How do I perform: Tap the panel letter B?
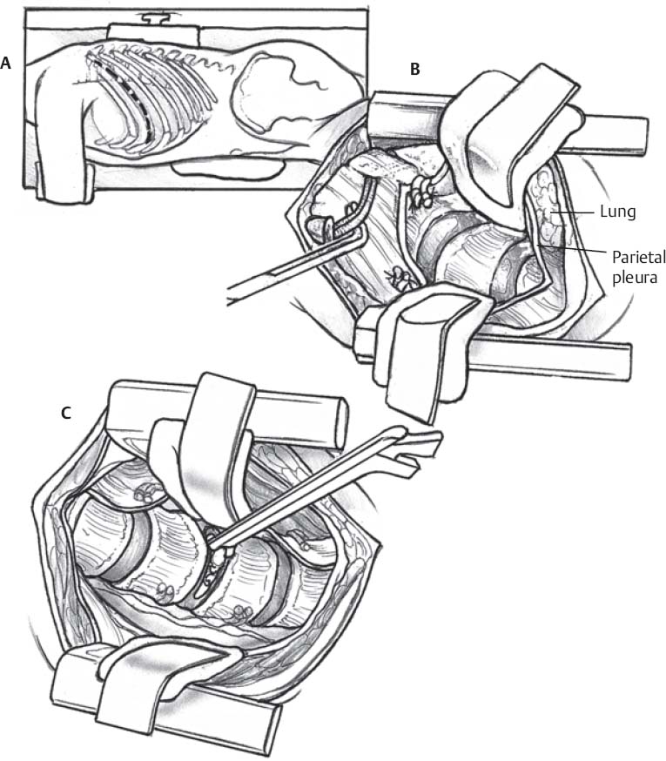(415, 69)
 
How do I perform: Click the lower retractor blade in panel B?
(418, 340)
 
